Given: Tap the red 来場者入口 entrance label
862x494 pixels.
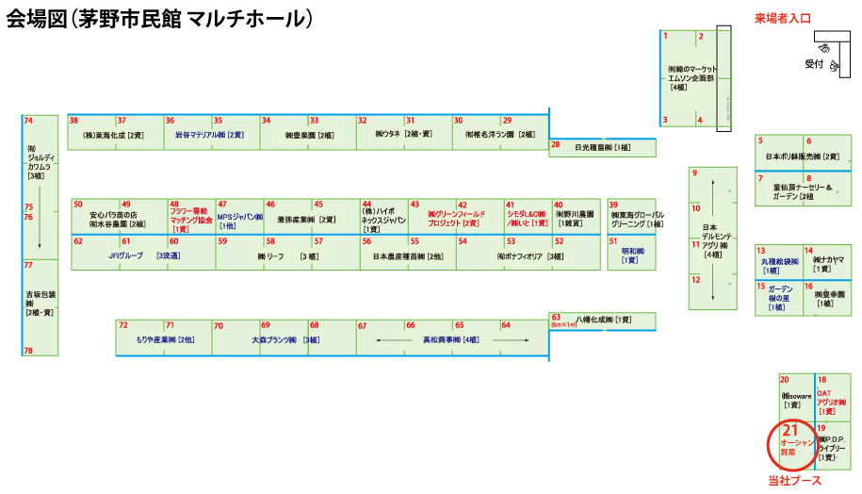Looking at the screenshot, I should click(x=782, y=18).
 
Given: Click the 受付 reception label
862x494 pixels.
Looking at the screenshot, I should click(x=814, y=64).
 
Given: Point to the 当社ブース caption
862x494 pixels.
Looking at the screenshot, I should click(x=794, y=481).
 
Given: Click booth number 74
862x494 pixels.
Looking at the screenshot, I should click(x=28, y=121).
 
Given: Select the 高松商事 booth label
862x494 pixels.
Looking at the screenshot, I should click(x=450, y=339).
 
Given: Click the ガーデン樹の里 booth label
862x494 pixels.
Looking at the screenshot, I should click(x=780, y=297).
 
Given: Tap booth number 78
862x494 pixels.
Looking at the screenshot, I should click(x=28, y=351).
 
